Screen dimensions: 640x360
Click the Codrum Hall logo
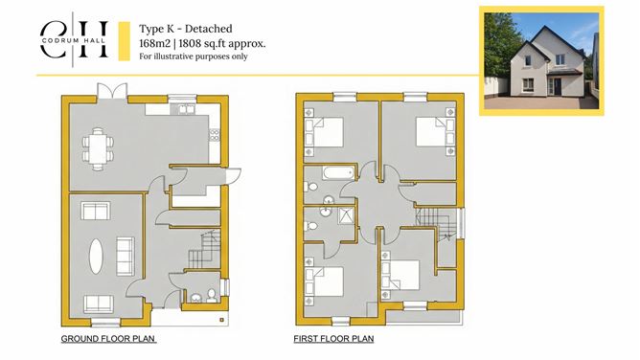[x=74, y=39]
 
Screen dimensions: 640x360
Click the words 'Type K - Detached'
[x=186, y=29]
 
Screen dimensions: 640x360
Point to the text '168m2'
[x=154, y=43]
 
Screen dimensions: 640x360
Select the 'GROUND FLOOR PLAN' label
[x=108, y=339]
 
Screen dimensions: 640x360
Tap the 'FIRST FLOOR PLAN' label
[x=333, y=339]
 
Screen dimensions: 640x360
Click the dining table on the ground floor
[x=98, y=148]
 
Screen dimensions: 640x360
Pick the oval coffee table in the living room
[x=96, y=256]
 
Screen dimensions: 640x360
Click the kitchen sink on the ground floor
[x=187, y=109]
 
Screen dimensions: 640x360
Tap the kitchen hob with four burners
[x=215, y=135]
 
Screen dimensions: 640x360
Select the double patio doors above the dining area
[x=112, y=91]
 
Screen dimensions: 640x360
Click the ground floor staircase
[x=204, y=249]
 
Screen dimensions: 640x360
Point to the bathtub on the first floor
[x=338, y=173]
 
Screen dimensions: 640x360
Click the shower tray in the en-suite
[x=347, y=215]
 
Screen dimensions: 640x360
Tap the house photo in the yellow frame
[x=541, y=60]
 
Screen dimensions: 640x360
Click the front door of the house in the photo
[x=556, y=86]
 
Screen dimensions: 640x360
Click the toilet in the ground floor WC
[x=211, y=295]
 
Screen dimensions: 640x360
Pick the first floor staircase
[x=436, y=222]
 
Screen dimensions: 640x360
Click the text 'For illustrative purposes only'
[x=194, y=56]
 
